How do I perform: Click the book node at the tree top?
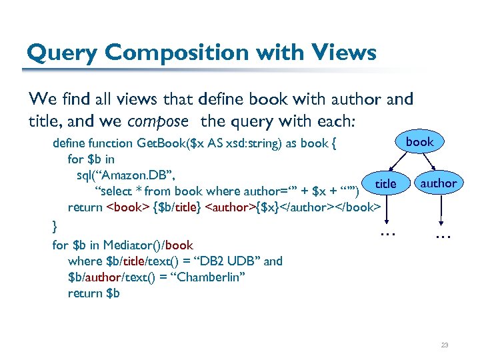[419, 142]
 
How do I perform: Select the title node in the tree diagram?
[385, 183]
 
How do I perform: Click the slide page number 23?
[444, 345]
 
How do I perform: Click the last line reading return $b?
[93, 293]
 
